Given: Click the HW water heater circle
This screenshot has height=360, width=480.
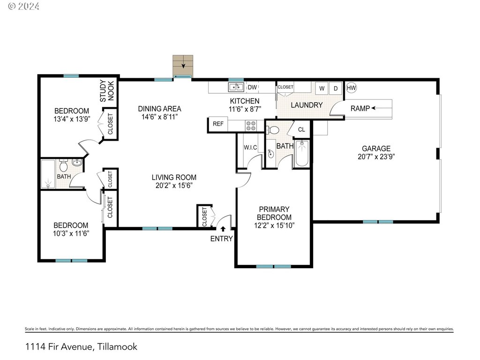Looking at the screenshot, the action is (351, 88).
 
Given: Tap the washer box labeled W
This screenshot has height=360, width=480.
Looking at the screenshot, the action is (322, 88).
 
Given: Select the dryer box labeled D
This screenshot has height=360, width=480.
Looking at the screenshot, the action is (336, 88).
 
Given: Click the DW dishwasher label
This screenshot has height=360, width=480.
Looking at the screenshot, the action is (252, 87).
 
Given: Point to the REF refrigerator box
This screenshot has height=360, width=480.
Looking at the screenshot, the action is (218, 124).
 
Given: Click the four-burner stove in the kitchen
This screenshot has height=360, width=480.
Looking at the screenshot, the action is (251, 126).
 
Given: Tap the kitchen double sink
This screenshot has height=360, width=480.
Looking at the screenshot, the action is (236, 87).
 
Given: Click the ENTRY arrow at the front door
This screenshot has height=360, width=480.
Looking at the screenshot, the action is (223, 229).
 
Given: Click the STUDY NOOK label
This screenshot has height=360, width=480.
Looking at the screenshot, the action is (107, 91).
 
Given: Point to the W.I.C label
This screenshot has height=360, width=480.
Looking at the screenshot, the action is (250, 148).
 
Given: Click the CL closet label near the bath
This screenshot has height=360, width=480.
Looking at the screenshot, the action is (301, 129).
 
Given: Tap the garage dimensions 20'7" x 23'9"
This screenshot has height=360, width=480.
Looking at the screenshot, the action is (376, 157).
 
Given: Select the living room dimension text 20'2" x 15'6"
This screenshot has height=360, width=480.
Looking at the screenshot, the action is (174, 185).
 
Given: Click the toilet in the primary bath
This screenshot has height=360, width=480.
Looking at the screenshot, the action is (273, 130).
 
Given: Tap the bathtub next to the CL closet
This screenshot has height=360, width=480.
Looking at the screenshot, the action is (302, 153).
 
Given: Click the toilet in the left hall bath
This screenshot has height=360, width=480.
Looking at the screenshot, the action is (63, 165).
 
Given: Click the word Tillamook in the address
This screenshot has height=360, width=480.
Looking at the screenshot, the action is (117, 346).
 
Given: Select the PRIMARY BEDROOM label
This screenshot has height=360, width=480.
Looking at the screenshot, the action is (274, 213).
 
